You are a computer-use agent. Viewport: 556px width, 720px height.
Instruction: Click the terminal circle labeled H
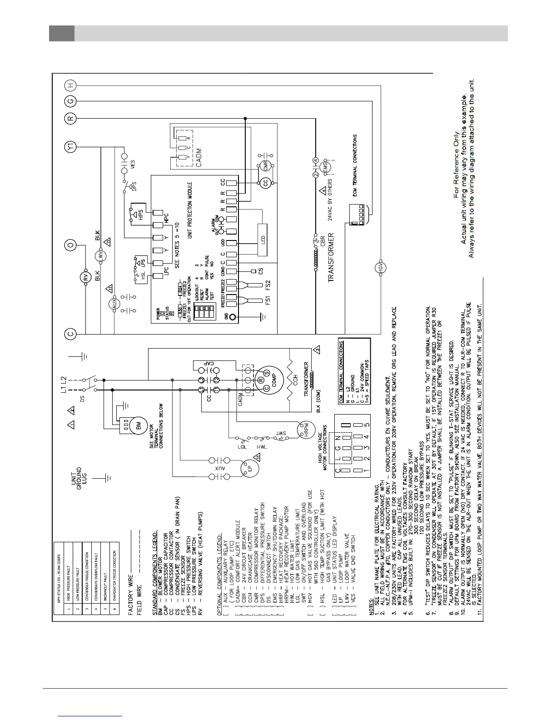pyautogui.click(x=70, y=85)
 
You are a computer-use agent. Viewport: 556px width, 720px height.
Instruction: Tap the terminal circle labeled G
pyautogui.click(x=70, y=101)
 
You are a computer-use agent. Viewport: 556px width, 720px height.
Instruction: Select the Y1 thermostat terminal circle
pyautogui.click(x=70, y=147)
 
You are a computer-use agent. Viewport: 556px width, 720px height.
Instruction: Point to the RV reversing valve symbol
pyautogui.click(x=85, y=277)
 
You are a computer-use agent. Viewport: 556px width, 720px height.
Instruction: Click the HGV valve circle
pyautogui.click(x=381, y=268)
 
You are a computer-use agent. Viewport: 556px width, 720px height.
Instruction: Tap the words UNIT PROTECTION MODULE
pyautogui.click(x=190, y=210)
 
